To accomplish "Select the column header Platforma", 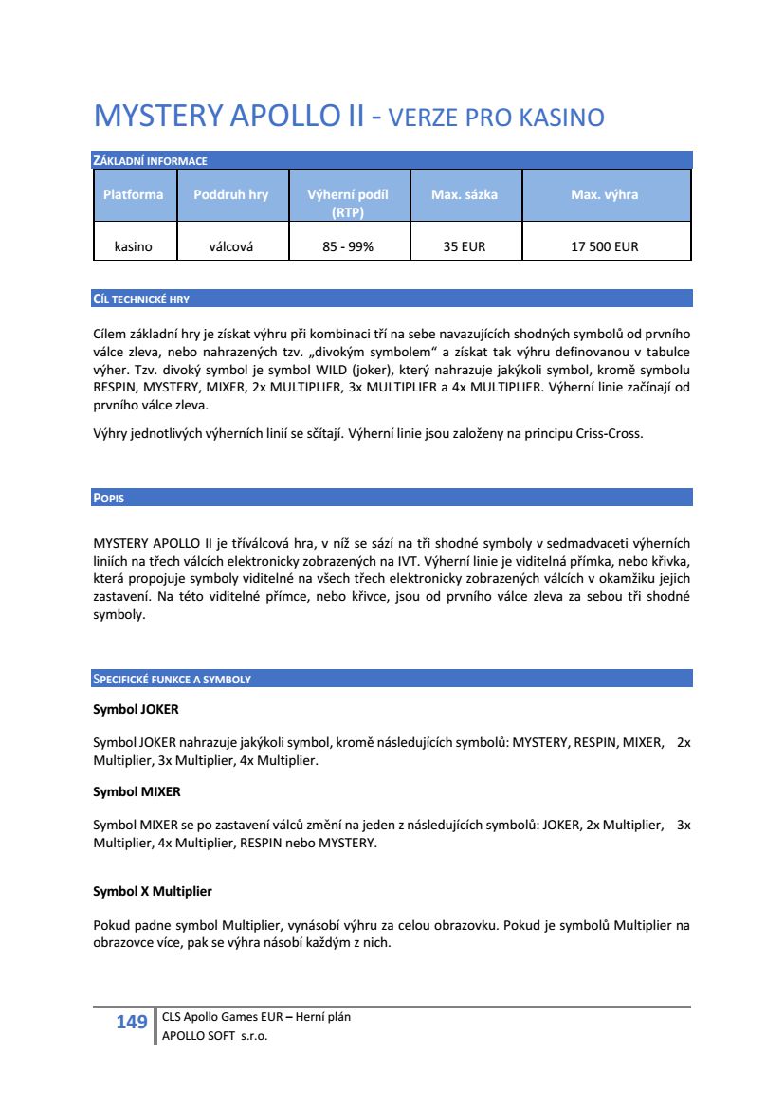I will pos(133,194).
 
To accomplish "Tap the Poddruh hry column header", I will pos(230,194).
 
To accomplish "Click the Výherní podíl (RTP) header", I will pos(348,202).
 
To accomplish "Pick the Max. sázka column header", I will pos(464,194).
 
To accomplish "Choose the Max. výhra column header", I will pos(604,194).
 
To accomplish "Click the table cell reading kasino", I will pos(133,246).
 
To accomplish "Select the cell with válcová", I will pos(230,246).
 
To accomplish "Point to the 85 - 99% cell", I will pos(348,246).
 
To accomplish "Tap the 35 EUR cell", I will pos(464,246).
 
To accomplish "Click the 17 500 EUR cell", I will pos(604,246).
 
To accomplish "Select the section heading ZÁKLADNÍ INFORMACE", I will pos(150,161).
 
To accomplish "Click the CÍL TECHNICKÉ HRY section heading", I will pos(141,300).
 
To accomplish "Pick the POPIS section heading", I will pos(108,499).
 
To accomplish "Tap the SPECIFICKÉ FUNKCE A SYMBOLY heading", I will pos(172,680).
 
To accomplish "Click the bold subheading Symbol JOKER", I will pos(136,709).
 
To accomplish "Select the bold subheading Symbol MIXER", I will pos(137,790).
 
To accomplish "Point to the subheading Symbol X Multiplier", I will pos(153,892).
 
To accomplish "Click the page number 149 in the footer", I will pos(132,1022).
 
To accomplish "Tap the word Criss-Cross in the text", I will pos(610,435).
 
